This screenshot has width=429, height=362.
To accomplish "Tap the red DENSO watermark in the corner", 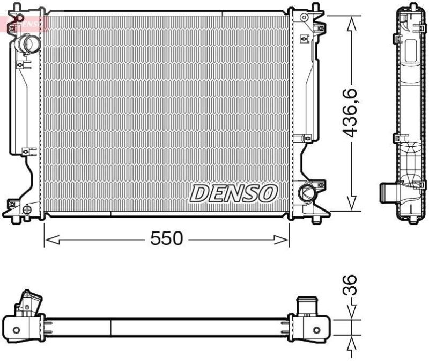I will tap(24, 22).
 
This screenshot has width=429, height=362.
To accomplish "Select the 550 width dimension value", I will tap(166, 238).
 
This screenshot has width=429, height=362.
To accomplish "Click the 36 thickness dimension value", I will tap(350, 285).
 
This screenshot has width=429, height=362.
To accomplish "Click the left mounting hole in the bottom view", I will tap(16, 329).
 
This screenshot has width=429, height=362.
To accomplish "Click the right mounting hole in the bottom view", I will tap(317, 329).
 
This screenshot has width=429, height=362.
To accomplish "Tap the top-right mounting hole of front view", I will tap(305, 18).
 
